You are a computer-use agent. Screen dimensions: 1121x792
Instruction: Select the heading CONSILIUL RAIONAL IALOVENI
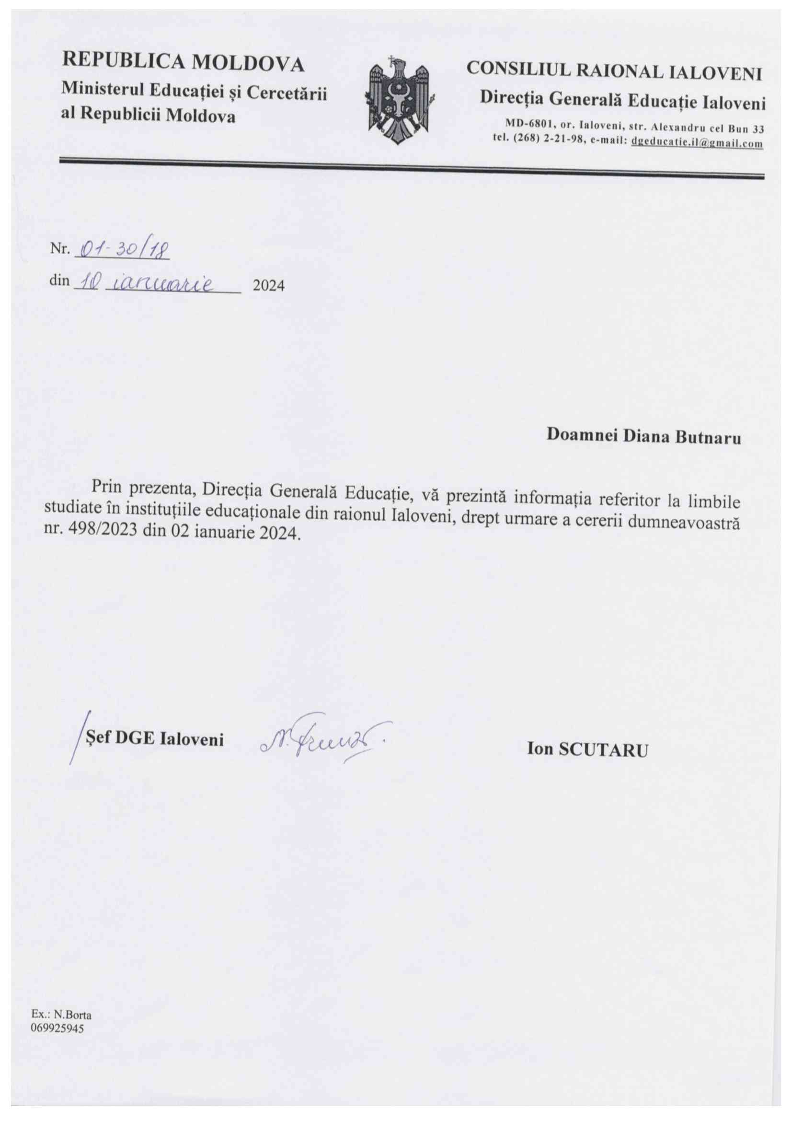[614, 71]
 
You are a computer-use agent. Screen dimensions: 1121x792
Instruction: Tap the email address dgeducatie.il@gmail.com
[697, 144]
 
